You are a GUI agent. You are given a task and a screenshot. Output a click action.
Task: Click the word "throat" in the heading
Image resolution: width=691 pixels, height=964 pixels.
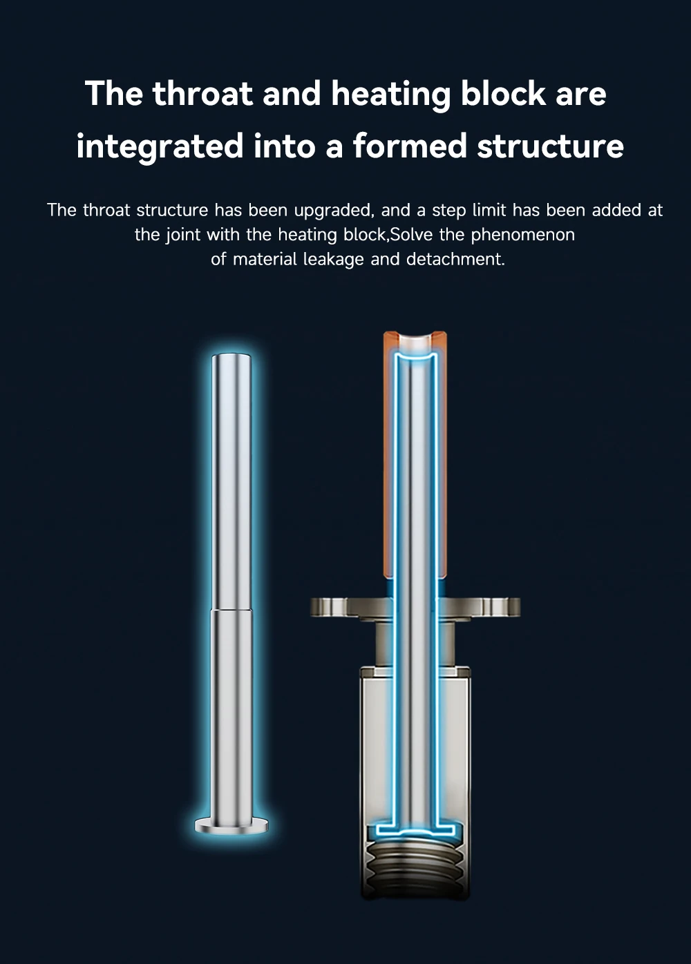click(x=202, y=93)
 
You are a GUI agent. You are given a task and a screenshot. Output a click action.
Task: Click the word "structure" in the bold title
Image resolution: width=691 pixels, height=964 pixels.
click(x=550, y=146)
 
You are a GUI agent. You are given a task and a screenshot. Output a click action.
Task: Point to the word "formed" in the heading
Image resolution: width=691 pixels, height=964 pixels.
click(x=410, y=146)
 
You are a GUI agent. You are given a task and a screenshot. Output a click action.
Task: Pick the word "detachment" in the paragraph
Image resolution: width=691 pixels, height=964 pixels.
click(x=455, y=260)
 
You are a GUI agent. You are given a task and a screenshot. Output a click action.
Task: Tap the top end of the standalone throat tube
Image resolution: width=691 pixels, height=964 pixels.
click(x=231, y=357)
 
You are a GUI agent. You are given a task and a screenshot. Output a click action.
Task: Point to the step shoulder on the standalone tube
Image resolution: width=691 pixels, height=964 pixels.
click(x=231, y=610)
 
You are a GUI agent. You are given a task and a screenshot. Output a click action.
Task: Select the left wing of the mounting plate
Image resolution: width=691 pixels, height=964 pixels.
click(x=351, y=607)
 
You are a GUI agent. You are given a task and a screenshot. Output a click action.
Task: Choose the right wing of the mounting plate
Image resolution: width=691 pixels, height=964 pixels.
click(x=479, y=607)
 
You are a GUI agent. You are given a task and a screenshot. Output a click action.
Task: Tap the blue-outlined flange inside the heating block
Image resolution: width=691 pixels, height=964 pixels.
click(x=415, y=829)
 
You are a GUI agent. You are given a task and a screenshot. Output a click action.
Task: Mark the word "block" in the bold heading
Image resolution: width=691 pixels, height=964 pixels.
click(x=503, y=93)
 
